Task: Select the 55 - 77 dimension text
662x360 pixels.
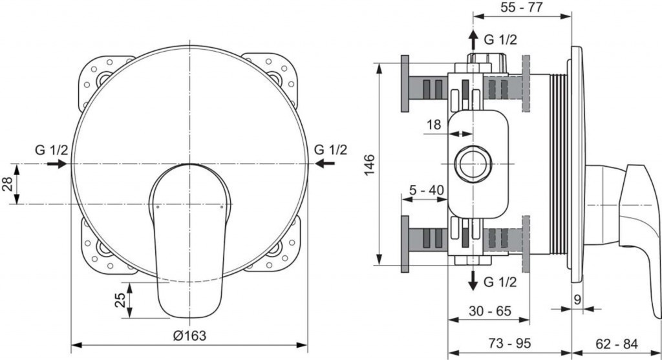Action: point(522,8)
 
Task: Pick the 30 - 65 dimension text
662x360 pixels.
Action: point(489,310)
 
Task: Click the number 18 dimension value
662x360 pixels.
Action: point(432,124)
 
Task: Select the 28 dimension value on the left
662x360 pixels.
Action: point(6,184)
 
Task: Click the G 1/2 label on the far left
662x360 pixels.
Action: point(52,150)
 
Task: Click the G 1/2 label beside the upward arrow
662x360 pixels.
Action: point(500,39)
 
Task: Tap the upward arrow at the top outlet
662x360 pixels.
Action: point(474,39)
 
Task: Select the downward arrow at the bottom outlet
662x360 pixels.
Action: point(474,280)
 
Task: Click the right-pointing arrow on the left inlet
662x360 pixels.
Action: point(57,164)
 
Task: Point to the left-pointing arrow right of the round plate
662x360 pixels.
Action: point(326,164)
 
